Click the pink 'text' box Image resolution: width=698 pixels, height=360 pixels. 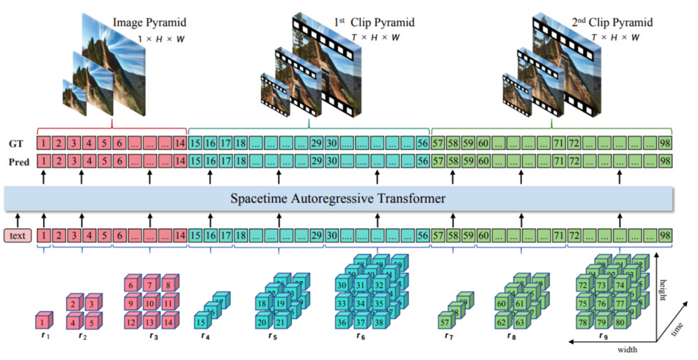click(17, 236)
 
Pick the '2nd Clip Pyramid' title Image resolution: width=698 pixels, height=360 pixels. click(607, 23)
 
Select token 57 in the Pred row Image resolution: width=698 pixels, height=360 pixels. click(438, 162)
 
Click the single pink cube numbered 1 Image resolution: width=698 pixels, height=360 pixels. click(44, 322)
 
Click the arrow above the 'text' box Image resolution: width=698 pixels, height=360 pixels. click(17, 218)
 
